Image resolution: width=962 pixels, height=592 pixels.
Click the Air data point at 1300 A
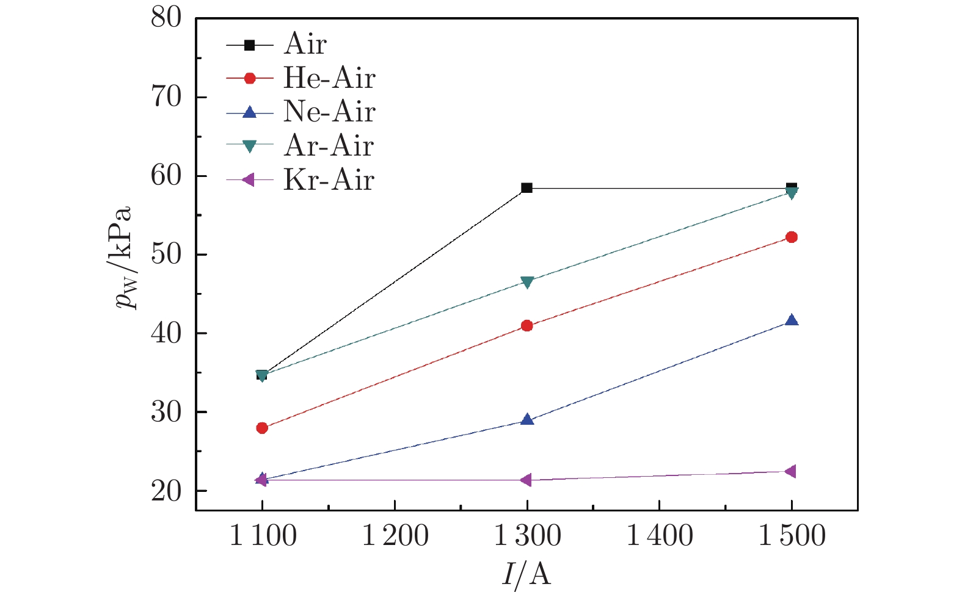pos(527,188)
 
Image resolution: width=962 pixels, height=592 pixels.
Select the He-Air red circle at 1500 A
pos(792,237)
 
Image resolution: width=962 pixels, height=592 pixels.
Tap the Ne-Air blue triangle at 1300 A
pos(527,420)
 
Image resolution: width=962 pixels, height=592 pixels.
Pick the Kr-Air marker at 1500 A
pos(790,471)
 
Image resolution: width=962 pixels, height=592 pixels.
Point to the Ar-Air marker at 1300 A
pos(527,282)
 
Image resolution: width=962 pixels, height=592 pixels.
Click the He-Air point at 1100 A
pos(262,428)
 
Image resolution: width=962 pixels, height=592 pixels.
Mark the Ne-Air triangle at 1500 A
pos(792,320)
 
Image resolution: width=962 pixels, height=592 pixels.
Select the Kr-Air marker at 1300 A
pos(526,480)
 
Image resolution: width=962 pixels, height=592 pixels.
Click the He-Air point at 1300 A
pos(527,326)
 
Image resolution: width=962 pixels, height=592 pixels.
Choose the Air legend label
pos(305,44)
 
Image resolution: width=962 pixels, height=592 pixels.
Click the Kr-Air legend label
pos(329,180)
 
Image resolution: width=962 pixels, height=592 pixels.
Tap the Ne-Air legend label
pos(329,112)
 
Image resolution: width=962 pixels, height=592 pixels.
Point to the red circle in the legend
pos(249,78)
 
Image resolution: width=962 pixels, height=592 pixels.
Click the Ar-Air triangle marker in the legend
pos(249,146)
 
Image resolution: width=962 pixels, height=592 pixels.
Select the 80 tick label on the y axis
pos(167,18)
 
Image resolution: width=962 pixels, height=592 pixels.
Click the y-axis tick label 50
pos(167,254)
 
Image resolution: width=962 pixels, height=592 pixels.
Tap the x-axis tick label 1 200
pos(395,536)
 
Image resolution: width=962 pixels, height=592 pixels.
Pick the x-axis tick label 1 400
pos(660,536)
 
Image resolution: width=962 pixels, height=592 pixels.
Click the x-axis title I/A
pos(527,573)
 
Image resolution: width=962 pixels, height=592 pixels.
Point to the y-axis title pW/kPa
pos(125,256)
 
